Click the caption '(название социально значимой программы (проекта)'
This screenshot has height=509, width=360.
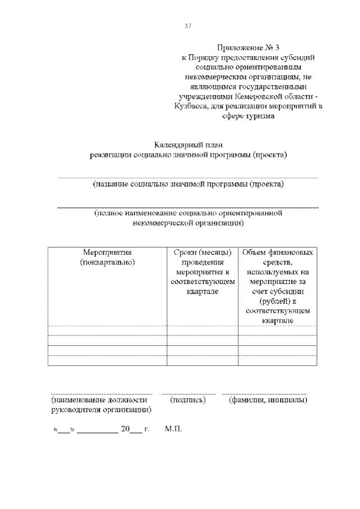coord(188,184)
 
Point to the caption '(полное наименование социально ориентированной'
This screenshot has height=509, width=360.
coord(188,214)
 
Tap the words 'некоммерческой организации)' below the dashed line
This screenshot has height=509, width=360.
coord(188,223)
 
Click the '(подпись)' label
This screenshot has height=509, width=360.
coord(188,400)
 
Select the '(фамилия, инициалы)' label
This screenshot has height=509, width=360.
coord(267,400)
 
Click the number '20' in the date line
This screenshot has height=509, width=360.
coord(125,429)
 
